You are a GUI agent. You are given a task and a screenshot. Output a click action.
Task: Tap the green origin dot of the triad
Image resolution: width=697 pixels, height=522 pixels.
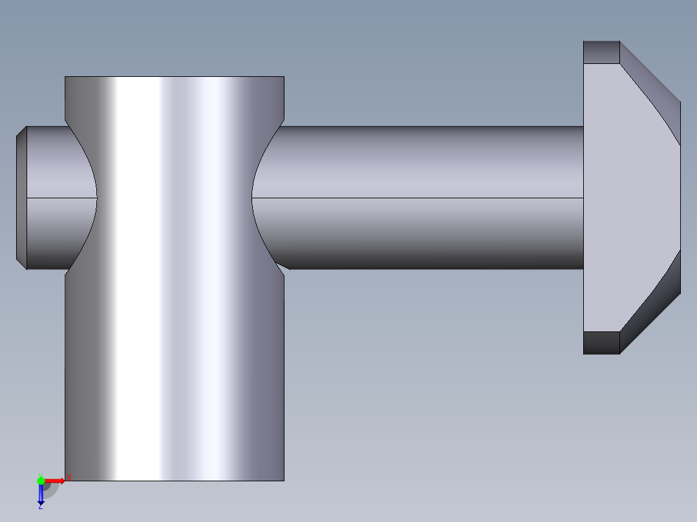[41, 481]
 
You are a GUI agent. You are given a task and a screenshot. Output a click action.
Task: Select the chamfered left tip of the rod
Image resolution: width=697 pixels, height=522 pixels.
[21, 198]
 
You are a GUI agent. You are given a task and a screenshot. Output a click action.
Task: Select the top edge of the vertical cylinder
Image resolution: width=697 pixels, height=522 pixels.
[175, 77]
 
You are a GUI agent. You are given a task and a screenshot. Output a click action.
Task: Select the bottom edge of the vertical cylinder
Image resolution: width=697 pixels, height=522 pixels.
[175, 481]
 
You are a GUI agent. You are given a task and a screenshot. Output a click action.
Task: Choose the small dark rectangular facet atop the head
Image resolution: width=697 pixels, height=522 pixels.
[601, 52]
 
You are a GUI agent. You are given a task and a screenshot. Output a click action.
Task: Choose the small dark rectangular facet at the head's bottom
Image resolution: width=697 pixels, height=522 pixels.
[601, 342]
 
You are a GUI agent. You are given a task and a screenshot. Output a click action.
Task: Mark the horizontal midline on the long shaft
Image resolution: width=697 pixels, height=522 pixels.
[420, 198]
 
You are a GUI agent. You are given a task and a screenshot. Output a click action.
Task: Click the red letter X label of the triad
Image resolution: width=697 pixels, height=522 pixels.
[69, 477]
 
